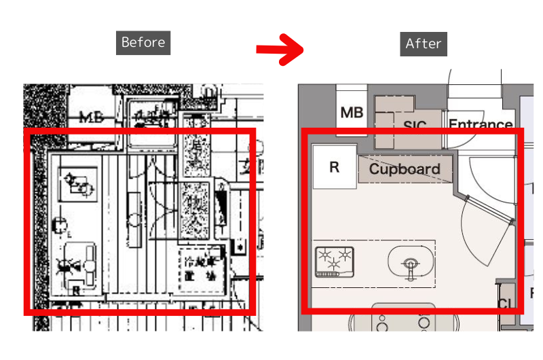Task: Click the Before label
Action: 143,42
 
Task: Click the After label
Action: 424,43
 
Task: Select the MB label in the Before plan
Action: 91,117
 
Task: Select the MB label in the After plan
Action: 352,113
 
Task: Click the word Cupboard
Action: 405,169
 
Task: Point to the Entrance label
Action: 481,125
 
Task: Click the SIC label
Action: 414,126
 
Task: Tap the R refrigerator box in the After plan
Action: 334,167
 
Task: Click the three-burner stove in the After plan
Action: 335,262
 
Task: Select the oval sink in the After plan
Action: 410,262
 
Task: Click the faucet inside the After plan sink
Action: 411,268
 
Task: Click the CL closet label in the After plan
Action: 505,304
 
